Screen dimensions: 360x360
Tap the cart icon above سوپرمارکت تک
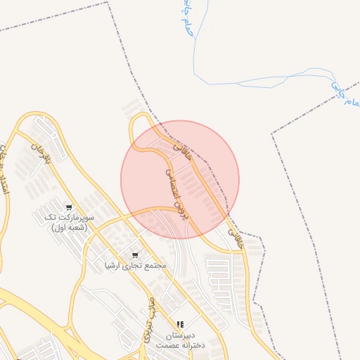pyautogui.click(x=68, y=207)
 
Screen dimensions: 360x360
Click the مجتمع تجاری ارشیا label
pyautogui.click(x=134, y=266)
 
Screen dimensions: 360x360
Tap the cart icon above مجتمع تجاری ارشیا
pyautogui.click(x=134, y=255)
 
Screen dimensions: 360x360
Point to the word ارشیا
pyautogui.click(x=113, y=266)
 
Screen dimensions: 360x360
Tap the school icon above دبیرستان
pyautogui.click(x=180, y=324)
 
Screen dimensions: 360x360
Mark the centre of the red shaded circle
pyautogui.click(x=180, y=179)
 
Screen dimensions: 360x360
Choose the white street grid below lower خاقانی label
pyautogui.click(x=226, y=278)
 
